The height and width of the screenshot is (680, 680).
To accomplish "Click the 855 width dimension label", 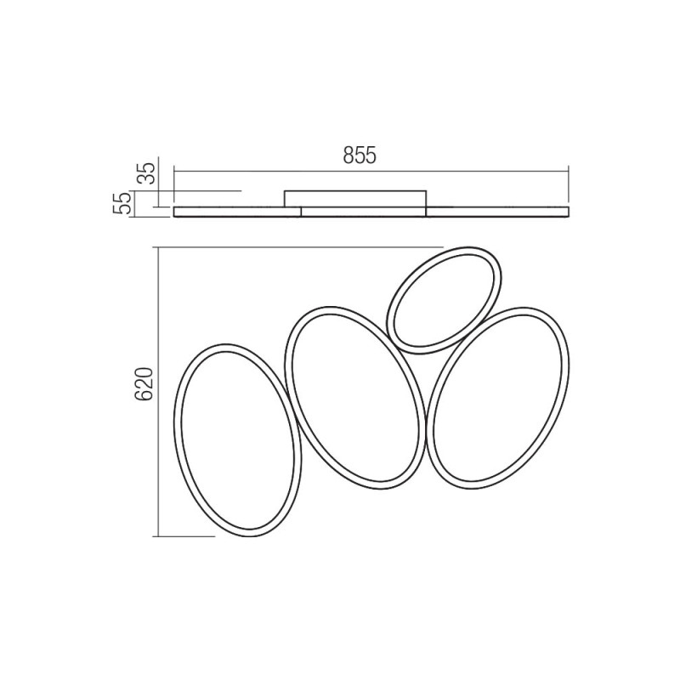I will click(x=360, y=156).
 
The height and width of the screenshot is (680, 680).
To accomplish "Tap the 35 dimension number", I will click(x=145, y=173).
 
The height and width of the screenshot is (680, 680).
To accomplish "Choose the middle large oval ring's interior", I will click(x=354, y=398).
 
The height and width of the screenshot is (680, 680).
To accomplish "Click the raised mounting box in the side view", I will click(x=355, y=198).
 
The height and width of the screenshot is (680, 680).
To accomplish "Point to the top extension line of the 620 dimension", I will click(x=297, y=247).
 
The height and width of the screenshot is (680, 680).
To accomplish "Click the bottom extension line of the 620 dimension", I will click(x=183, y=536).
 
